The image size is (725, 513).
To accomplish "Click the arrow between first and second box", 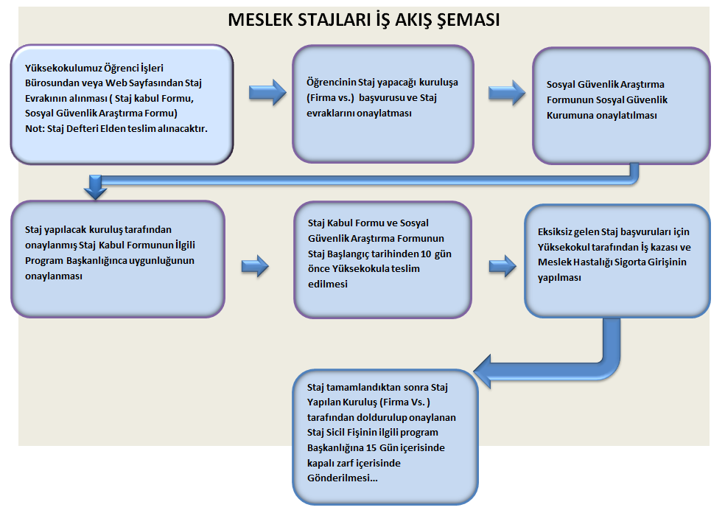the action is (x=267, y=92).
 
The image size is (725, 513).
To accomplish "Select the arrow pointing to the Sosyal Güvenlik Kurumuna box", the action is (x=507, y=92).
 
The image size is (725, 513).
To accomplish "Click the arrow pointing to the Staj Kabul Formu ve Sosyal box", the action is (x=255, y=266).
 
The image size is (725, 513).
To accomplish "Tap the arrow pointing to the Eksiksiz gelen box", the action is (x=502, y=266).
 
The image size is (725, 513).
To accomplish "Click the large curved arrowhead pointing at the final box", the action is (x=485, y=371).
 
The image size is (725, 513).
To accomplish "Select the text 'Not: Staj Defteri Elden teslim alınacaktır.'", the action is (x=116, y=128).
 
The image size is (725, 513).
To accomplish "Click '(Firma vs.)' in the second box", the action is (x=330, y=97).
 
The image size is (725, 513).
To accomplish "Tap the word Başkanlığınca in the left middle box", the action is (x=97, y=260).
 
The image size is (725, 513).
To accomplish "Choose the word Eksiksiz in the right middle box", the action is (x=554, y=231).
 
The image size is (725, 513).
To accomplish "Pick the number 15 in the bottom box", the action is (x=371, y=448).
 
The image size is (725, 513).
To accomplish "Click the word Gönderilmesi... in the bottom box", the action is (x=342, y=478).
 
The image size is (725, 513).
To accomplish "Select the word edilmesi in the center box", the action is (x=328, y=284).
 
